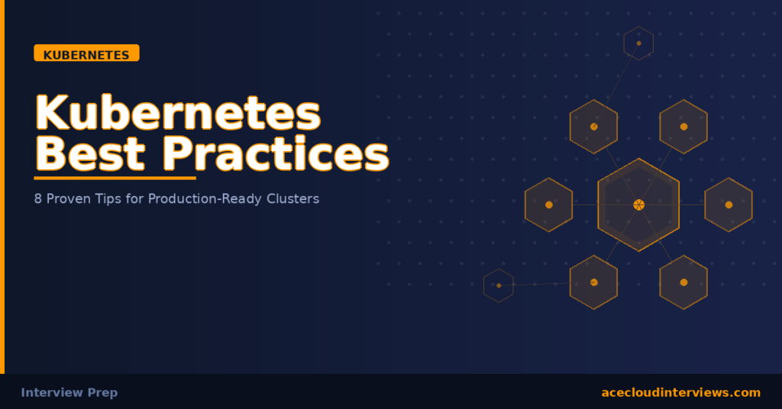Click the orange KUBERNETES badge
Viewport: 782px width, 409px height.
pos(86,54)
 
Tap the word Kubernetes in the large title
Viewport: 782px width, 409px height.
pos(178,113)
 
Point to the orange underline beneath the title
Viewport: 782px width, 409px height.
pos(115,179)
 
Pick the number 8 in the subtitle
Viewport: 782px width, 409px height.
pos(39,198)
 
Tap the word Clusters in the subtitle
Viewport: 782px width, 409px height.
pos(292,198)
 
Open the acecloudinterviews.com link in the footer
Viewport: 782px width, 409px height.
pos(680,392)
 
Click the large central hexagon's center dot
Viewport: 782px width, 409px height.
pos(638,204)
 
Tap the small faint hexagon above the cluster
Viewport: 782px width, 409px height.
pos(638,43)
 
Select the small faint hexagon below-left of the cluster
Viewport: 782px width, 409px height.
pos(499,285)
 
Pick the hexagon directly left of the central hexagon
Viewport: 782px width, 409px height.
pos(548,204)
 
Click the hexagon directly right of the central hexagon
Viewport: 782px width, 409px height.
pos(729,204)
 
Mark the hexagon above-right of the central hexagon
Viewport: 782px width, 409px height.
pos(683,127)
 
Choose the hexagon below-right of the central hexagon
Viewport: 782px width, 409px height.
pos(683,282)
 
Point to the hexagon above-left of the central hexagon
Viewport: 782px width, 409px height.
pos(593,127)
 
